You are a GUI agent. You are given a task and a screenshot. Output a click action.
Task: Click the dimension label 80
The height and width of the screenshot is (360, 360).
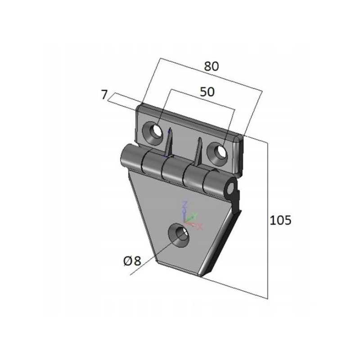click(211, 66)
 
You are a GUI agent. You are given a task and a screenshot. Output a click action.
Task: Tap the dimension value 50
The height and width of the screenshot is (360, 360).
click(207, 92)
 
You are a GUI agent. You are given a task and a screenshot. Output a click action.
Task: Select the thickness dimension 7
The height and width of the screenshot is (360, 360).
click(104, 94)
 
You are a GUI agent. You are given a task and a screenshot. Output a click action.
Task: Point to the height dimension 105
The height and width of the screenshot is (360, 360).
click(280, 220)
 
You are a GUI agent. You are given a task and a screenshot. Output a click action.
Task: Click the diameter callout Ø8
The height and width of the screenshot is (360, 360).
click(132, 261)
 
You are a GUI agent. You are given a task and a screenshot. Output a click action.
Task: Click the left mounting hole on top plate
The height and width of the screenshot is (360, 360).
click(153, 133)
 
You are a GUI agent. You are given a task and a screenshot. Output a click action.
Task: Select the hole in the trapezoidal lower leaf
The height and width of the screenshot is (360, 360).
click(179, 235)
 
